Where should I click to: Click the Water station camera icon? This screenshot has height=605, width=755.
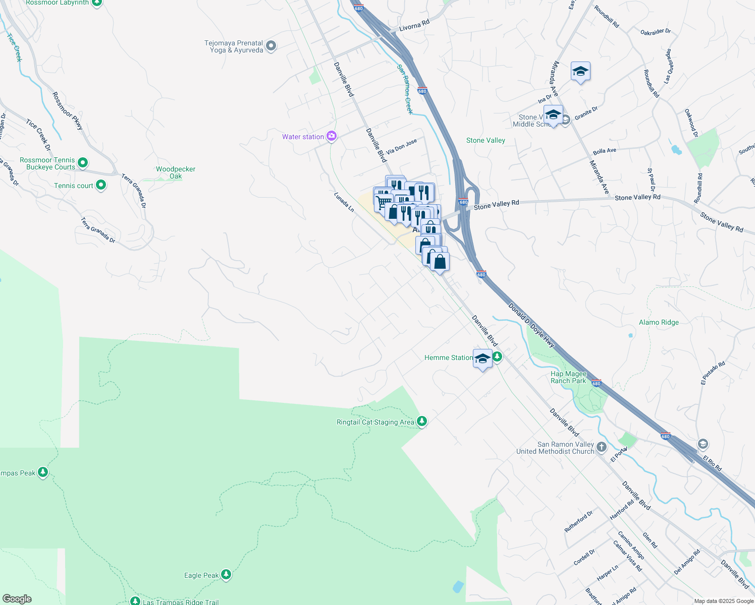tap(332, 136)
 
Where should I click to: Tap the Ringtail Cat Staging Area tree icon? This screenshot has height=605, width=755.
tap(422, 421)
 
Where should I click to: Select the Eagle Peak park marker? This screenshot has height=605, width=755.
tap(226, 574)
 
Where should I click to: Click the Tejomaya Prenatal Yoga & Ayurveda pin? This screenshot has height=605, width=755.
tap(271, 46)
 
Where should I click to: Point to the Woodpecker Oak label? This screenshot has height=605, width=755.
tap(176, 172)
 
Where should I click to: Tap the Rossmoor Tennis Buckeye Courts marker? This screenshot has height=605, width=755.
tap(83, 163)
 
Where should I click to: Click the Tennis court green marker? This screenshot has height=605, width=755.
tap(101, 185)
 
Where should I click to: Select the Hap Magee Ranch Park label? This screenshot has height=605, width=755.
tap(568, 377)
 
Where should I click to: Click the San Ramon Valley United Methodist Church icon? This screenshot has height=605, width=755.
tap(601, 447)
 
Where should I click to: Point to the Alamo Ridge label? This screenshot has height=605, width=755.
tap(659, 322)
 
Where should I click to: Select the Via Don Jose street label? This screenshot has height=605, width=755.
tap(402, 146)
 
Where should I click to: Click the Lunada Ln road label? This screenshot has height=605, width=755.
tap(344, 202)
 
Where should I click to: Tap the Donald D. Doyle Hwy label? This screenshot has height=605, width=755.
tap(531, 325)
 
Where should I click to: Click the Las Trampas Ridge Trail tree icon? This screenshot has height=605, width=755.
tap(135, 601)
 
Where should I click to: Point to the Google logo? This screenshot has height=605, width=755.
tap(17, 599)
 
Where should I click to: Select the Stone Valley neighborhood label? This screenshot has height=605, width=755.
tap(486, 140)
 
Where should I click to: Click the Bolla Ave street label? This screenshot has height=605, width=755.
tap(604, 151)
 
